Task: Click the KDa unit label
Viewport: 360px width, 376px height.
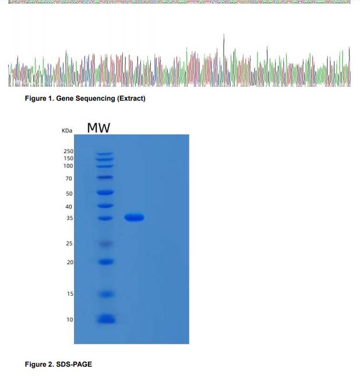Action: pyautogui.click(x=66, y=131)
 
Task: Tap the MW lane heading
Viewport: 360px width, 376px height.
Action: pyautogui.click(x=98, y=127)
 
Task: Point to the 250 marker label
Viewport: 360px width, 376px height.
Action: pyautogui.click(x=69, y=151)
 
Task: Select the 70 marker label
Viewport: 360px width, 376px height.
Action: pyautogui.click(x=69, y=178)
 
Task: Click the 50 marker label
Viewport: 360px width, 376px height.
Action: pyautogui.click(x=69, y=193)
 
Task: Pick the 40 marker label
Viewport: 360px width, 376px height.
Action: pyautogui.click(x=69, y=207)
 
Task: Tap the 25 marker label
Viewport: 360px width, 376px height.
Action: pyautogui.click(x=69, y=243)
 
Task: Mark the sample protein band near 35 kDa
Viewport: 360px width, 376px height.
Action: pyautogui.click(x=134, y=218)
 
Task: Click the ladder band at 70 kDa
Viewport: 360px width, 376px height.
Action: pyautogui.click(x=105, y=177)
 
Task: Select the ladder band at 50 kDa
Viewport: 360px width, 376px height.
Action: pyautogui.click(x=105, y=192)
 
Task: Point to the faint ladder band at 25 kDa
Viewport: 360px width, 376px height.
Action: pyautogui.click(x=105, y=243)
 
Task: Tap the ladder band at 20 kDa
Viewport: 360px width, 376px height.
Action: pyautogui.click(x=105, y=262)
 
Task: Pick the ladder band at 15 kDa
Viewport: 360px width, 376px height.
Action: pyautogui.click(x=105, y=294)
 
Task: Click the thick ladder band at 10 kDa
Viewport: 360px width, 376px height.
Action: pyautogui.click(x=105, y=319)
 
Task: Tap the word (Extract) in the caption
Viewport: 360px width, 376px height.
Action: pyautogui.click(x=131, y=98)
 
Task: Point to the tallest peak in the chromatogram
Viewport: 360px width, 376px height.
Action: pyautogui.click(x=224, y=37)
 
